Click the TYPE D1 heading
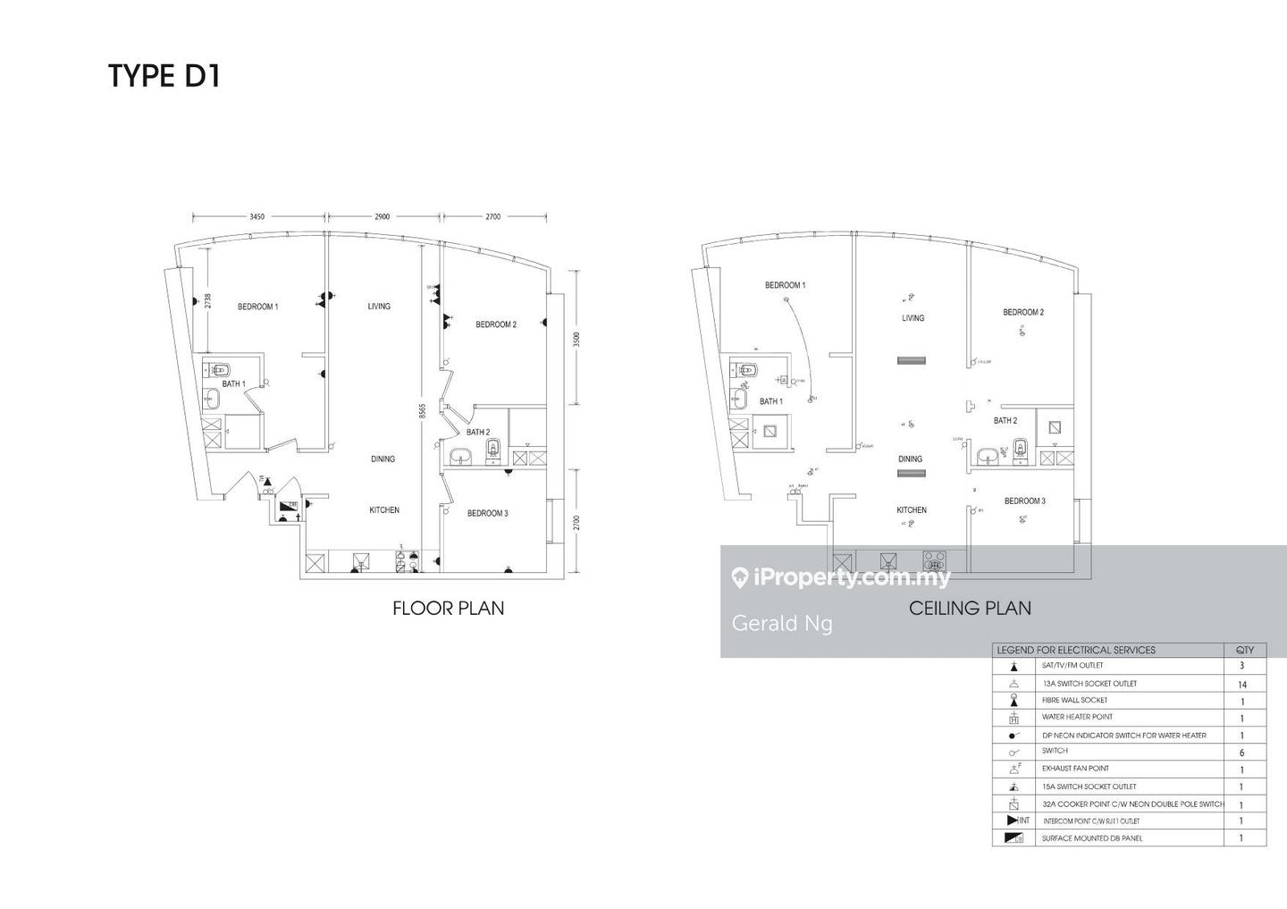[x=164, y=76]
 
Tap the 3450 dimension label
[x=257, y=216]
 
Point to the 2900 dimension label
[x=382, y=216]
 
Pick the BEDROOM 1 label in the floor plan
[x=257, y=307]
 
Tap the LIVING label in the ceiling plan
[x=913, y=318]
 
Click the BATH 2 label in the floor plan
[x=477, y=432]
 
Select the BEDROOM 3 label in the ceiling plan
[x=1024, y=501]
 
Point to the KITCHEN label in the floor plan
[x=384, y=510]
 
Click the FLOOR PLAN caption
[x=448, y=609]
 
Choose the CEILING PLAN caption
[x=970, y=609]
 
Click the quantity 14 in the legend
[x=1241, y=685]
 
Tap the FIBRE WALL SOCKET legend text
[x=1074, y=700]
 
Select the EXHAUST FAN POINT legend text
[x=1075, y=769]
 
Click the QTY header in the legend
[x=1244, y=650]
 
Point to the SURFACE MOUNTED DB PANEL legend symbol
[x=1014, y=838]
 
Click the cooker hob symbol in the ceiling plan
[x=934, y=561]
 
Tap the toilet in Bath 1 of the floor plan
[x=220, y=369]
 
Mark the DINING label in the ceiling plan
[x=910, y=459]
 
